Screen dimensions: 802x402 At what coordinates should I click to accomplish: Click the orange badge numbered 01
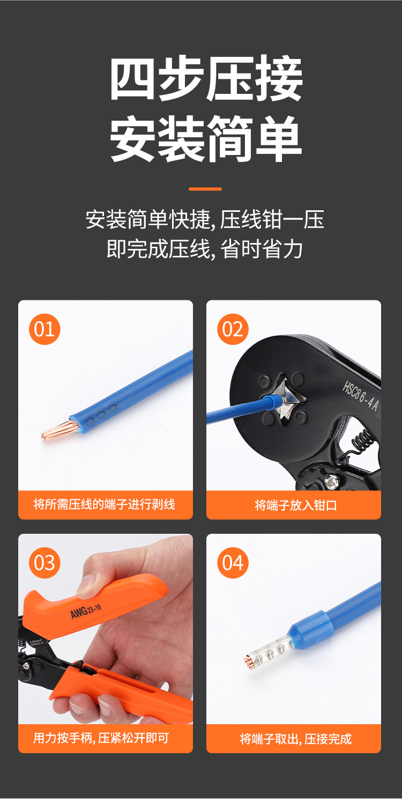44,329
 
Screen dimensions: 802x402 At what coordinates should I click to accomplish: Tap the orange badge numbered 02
233,329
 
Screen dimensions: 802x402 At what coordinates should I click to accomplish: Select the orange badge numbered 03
44,563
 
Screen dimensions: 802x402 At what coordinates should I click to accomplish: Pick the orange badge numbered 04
233,563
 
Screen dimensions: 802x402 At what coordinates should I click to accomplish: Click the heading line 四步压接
206,79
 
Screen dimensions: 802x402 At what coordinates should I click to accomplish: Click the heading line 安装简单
206,139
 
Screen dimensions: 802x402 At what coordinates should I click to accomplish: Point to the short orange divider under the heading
205,189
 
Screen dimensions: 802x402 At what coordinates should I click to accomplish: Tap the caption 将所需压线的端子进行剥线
105,505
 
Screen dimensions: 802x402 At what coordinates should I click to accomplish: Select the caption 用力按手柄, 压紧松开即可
101,738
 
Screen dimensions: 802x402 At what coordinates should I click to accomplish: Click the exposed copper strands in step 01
58,430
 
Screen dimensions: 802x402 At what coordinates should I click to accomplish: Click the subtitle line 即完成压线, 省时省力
205,249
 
